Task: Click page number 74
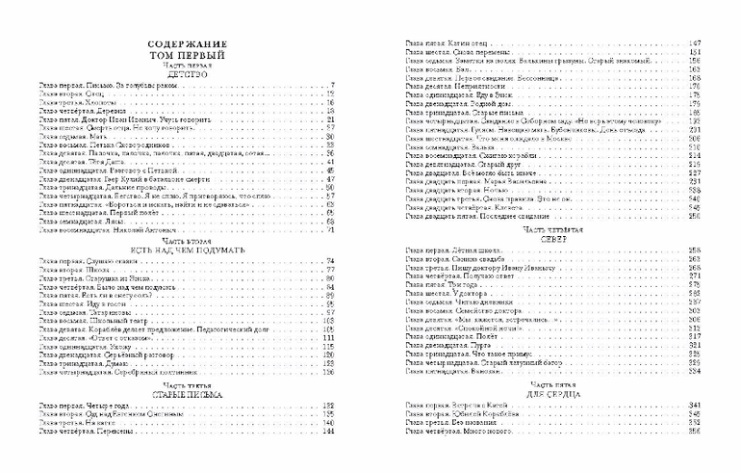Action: tap(330, 261)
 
